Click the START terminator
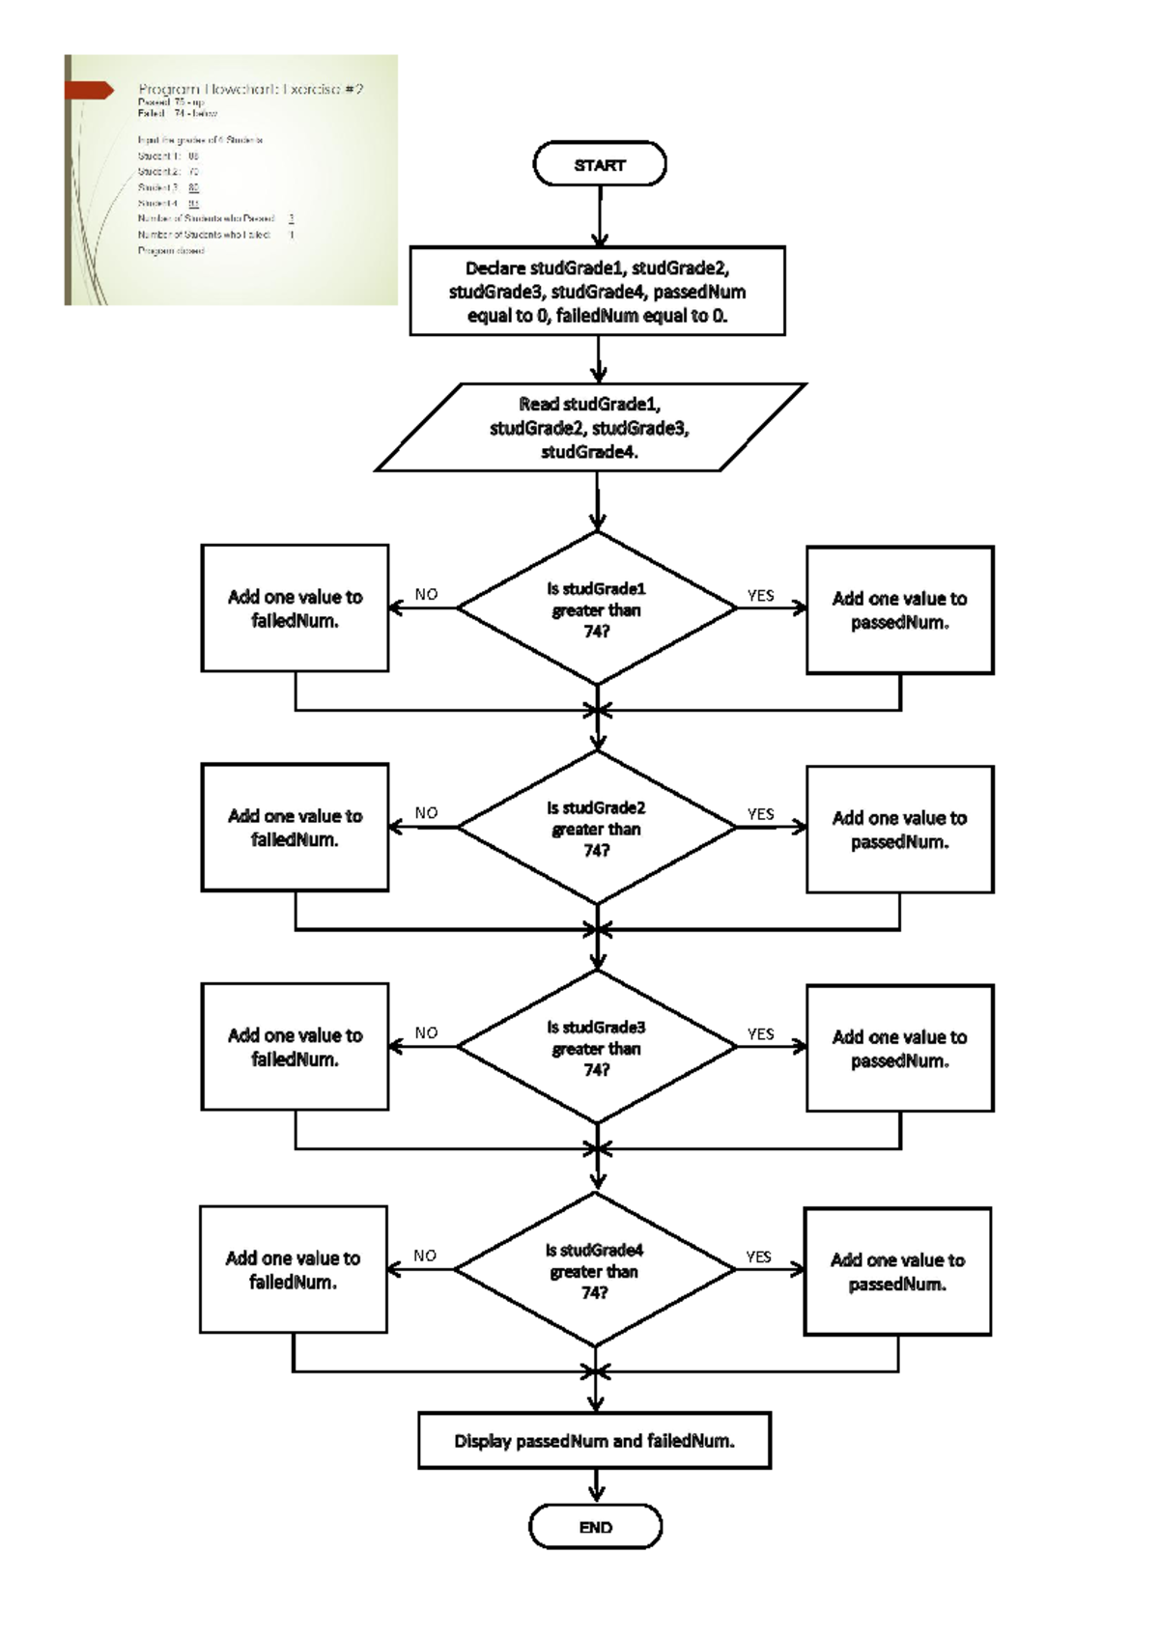pyautogui.click(x=600, y=164)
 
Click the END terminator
pyautogui.click(x=595, y=1527)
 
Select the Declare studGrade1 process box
pyautogui.click(x=597, y=291)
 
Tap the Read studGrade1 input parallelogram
pyautogui.click(x=590, y=427)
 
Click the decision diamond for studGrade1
pyautogui.click(x=597, y=608)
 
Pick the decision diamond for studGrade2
pyautogui.click(x=597, y=828)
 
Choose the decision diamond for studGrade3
pyautogui.click(x=597, y=1047)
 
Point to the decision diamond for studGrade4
pyautogui.click(x=595, y=1270)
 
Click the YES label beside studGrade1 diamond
pyautogui.click(x=761, y=595)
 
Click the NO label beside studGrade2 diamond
pyautogui.click(x=426, y=813)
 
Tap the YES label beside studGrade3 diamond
pyautogui.click(x=761, y=1033)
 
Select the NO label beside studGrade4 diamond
pyautogui.click(x=425, y=1256)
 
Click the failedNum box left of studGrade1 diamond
pyautogui.click(x=295, y=607)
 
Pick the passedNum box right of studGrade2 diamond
pyautogui.click(x=899, y=829)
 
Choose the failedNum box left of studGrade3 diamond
pyautogui.click(x=295, y=1046)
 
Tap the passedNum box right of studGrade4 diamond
pyautogui.click(x=897, y=1271)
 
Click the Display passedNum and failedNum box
pyautogui.click(x=594, y=1441)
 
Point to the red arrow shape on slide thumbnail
pyautogui.click(x=90, y=90)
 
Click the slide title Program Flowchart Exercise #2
pyautogui.click(x=250, y=89)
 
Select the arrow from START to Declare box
pyautogui.click(x=600, y=214)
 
